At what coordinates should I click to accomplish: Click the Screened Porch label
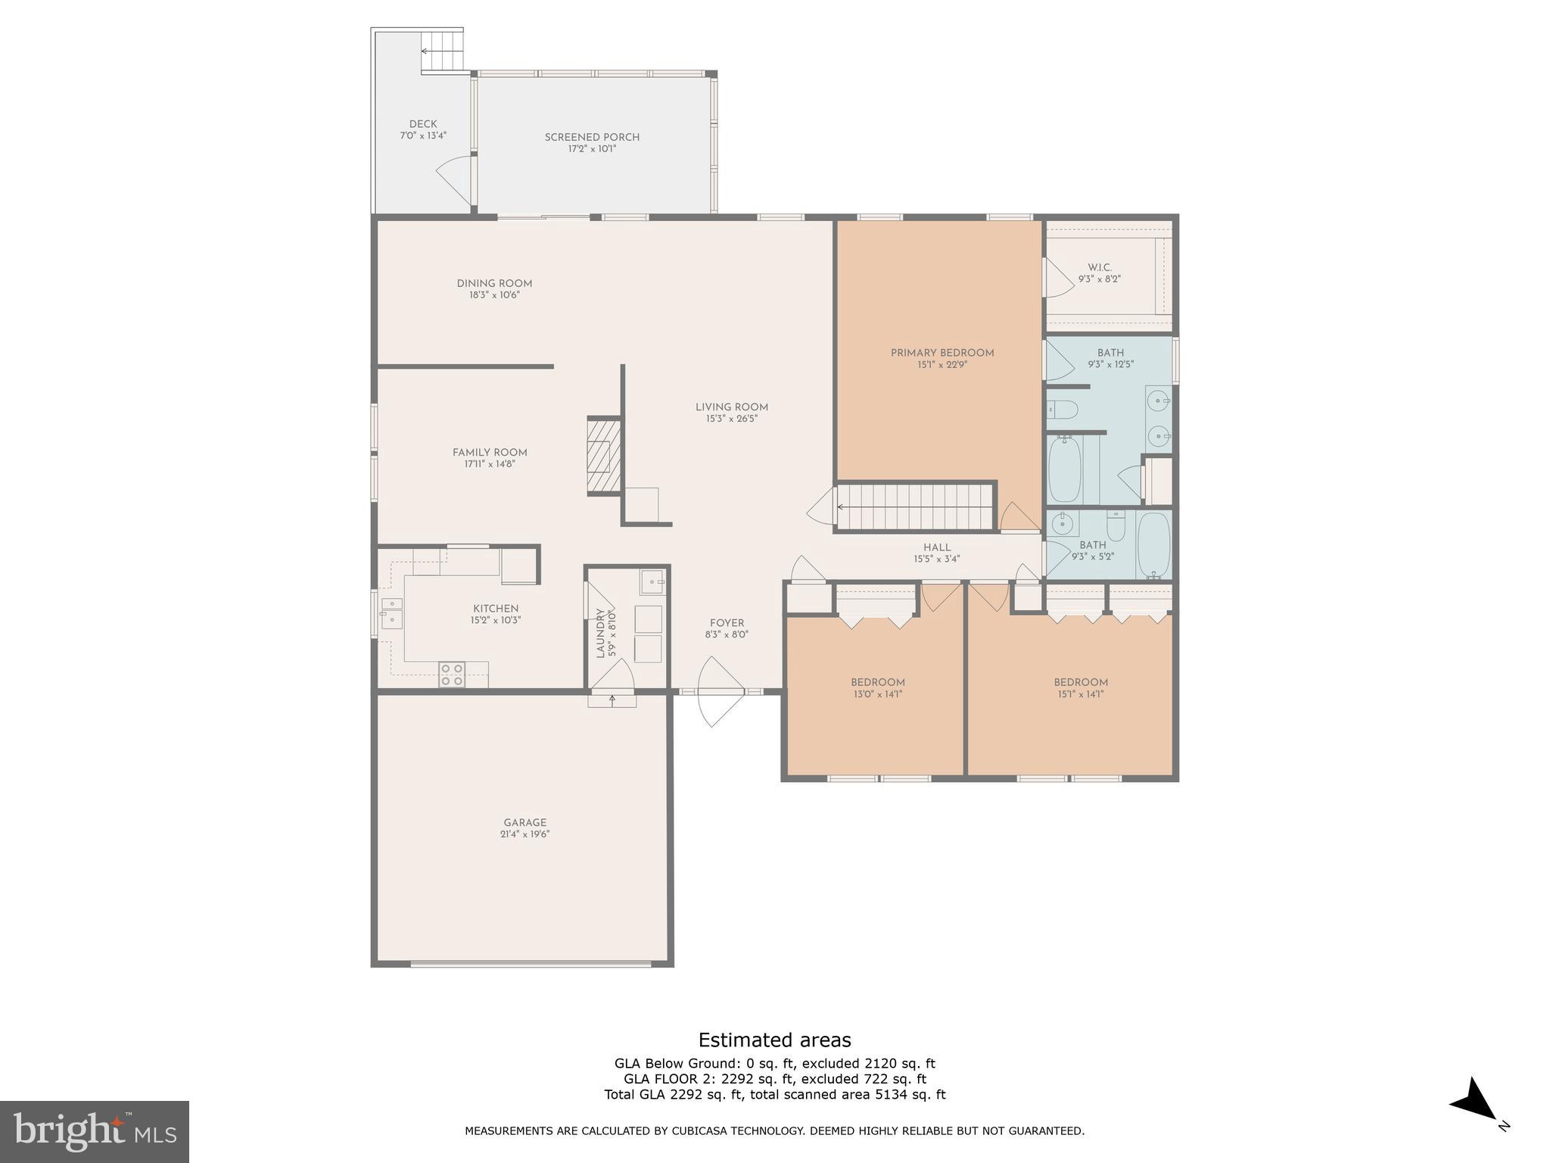coord(592,137)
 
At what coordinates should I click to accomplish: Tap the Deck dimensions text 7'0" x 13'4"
coord(423,136)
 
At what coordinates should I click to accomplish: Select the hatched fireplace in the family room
coord(604,456)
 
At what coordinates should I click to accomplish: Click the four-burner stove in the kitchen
coord(452,675)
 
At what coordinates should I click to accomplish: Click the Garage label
coord(524,822)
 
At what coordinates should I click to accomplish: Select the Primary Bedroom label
coord(942,353)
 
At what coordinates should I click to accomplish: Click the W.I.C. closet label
coord(1100,267)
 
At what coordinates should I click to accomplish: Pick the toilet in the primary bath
coord(1062,410)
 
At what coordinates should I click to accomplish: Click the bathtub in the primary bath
coord(1065,469)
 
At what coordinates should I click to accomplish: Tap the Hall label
coord(936,547)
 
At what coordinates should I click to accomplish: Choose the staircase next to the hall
coord(914,507)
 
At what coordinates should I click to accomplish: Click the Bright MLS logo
coord(95,1131)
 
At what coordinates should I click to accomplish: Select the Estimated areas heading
coord(774,1040)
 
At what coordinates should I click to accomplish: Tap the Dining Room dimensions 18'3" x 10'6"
coord(494,295)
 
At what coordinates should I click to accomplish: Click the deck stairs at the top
coord(442,50)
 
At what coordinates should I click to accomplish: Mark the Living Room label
coord(731,407)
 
